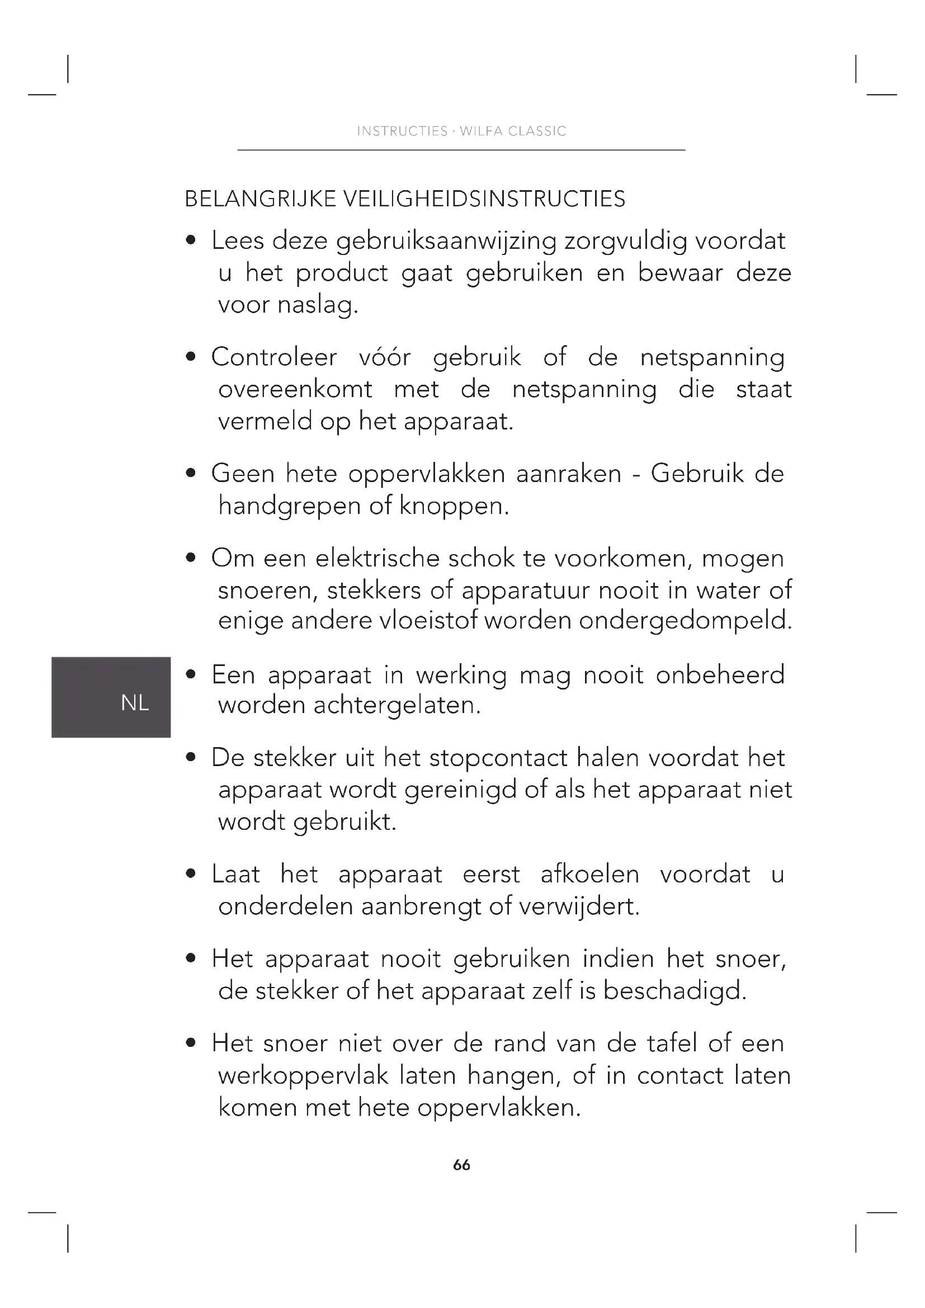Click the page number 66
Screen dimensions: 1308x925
[x=461, y=1165]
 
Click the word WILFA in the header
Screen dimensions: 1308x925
[x=482, y=131]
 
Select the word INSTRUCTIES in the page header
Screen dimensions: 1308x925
[x=402, y=131]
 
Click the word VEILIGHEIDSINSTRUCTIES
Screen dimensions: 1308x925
[x=485, y=199]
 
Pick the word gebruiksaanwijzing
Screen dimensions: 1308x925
[x=446, y=242]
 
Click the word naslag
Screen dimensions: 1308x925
[x=318, y=305]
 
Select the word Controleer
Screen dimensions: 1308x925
[x=275, y=358]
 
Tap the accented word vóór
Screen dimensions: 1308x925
[x=384, y=358]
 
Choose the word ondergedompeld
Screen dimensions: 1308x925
[x=685, y=621]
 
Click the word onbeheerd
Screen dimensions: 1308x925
[x=720, y=675]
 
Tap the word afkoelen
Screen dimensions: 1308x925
[x=590, y=875]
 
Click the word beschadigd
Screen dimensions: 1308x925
[x=674, y=991]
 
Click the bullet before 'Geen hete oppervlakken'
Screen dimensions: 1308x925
[x=191, y=473]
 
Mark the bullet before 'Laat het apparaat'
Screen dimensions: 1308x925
[x=191, y=874]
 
